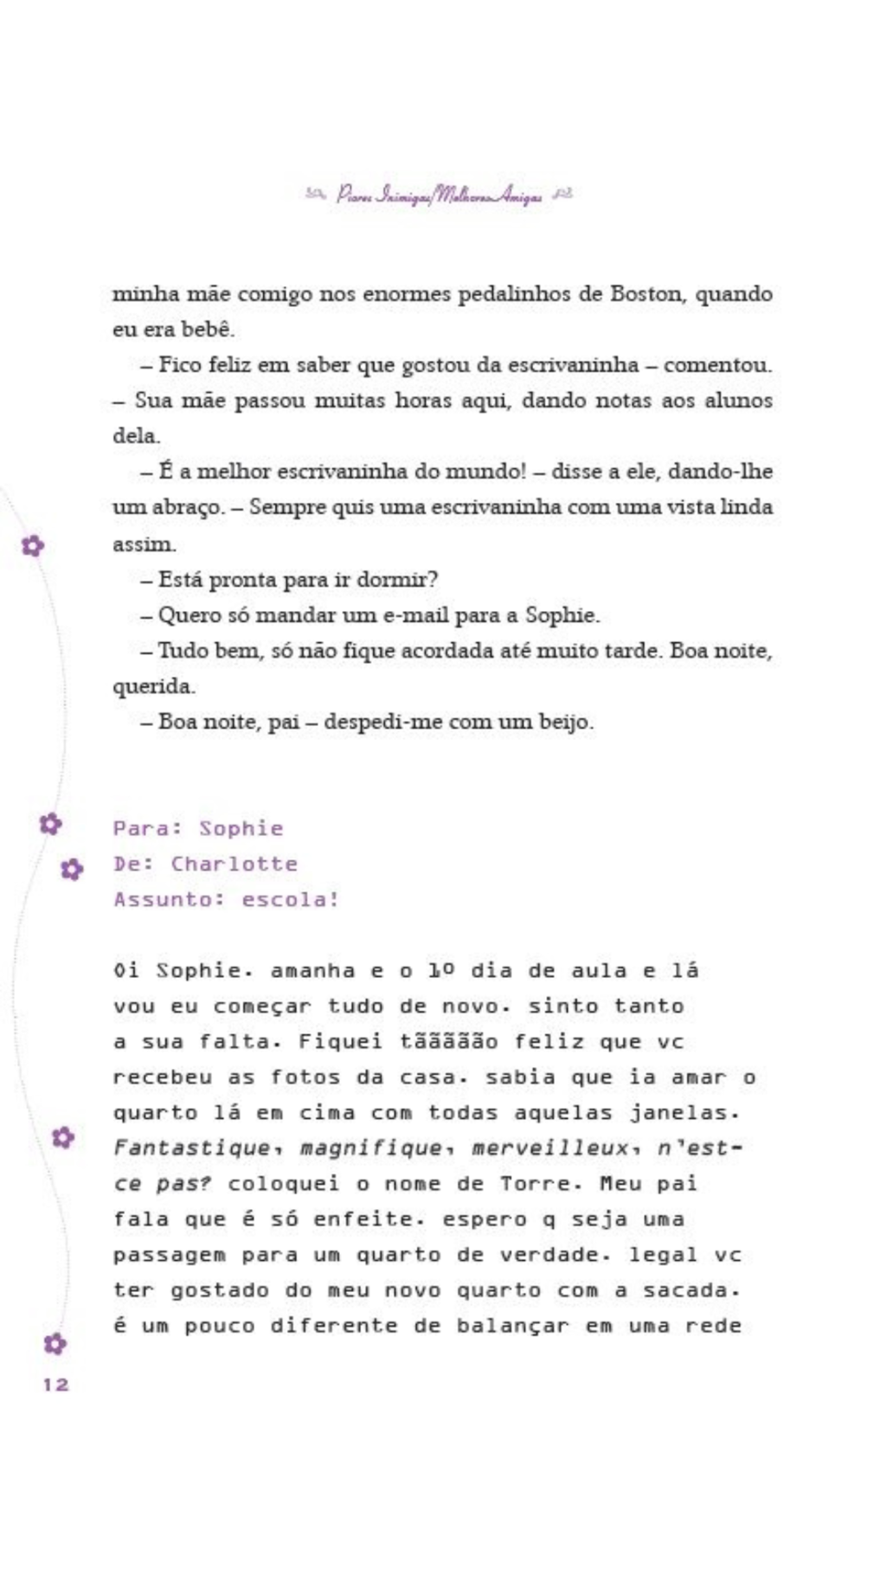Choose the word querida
153,686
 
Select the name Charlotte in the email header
234,864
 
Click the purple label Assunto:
169,899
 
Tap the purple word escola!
290,899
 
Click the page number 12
55,1385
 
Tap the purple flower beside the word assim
33,545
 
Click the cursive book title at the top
440,195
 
